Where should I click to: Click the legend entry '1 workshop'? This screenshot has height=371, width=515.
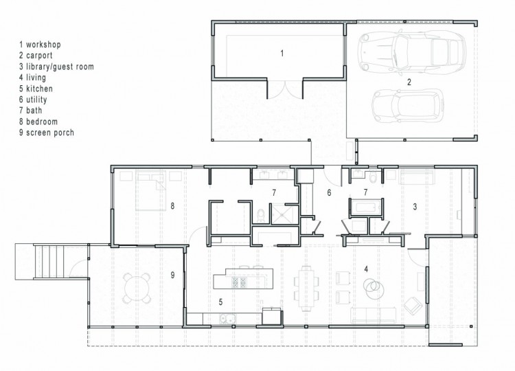[x=40, y=45]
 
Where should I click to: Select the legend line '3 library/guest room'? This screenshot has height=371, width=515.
[x=56, y=67]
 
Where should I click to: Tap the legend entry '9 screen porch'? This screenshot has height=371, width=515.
[x=46, y=133]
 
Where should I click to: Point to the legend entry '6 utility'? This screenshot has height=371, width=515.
[x=33, y=100]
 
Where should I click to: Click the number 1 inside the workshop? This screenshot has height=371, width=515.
[x=282, y=53]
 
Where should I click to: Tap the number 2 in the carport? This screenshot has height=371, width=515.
[x=409, y=82]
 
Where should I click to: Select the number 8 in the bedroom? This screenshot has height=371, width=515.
[x=172, y=206]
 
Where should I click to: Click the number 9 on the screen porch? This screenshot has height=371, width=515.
[x=173, y=275]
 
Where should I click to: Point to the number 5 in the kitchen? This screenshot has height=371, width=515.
[x=220, y=302]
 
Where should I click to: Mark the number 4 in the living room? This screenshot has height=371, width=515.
[x=366, y=269]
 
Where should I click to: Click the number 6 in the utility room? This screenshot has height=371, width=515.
[x=329, y=192]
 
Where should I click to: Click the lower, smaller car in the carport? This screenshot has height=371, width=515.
[x=408, y=106]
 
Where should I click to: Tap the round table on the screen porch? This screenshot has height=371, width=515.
[x=137, y=288]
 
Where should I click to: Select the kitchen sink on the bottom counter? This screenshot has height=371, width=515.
[x=227, y=318]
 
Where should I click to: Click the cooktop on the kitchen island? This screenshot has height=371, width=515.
[x=239, y=282]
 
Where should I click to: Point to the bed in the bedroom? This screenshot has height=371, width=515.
[x=151, y=190]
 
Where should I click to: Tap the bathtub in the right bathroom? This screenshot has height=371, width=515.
[x=365, y=207]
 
